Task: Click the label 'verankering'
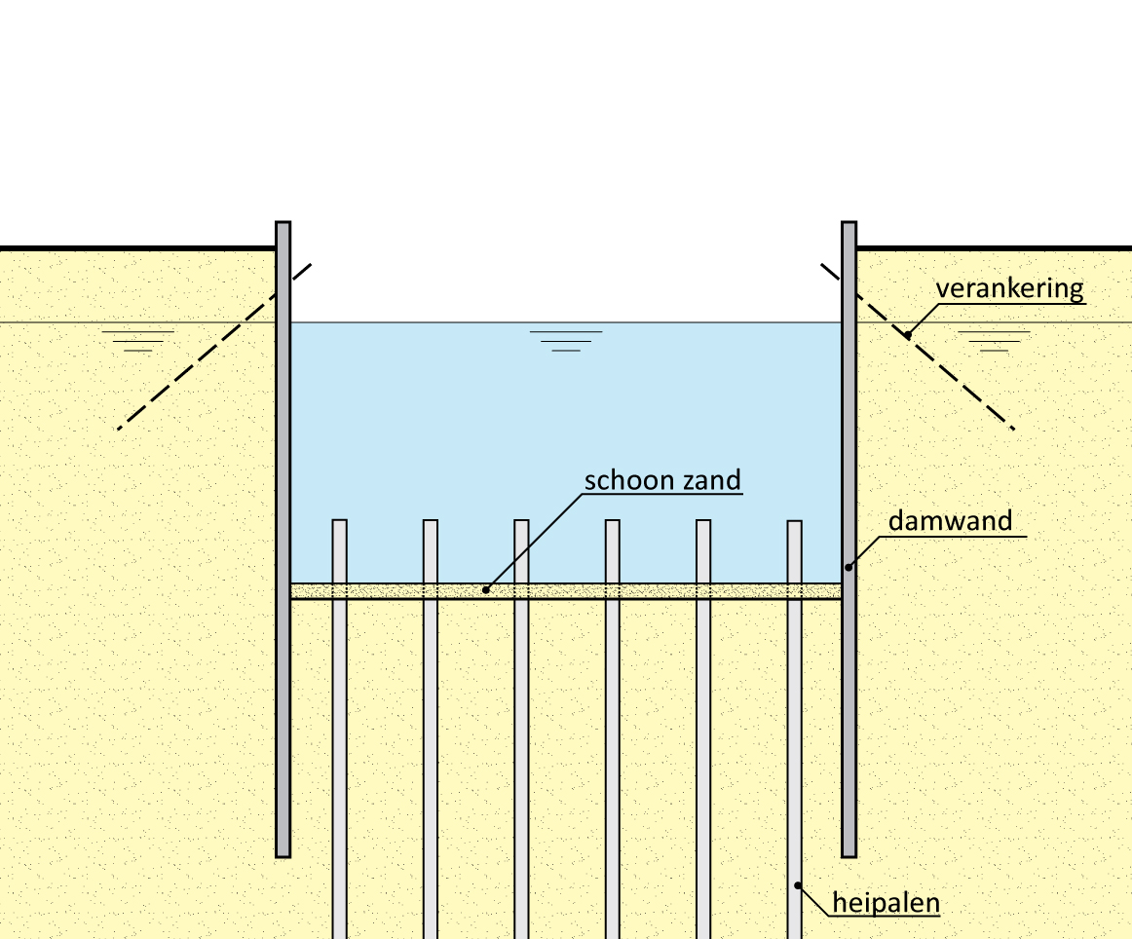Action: pos(1009,289)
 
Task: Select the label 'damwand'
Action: pos(950,521)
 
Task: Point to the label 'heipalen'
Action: pos(886,903)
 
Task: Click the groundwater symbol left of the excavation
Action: pos(137,340)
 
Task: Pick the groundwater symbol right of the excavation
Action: pos(994,340)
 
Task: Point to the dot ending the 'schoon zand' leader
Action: pos(485,589)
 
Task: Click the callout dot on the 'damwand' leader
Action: pos(849,567)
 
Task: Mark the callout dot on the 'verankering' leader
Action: pos(907,335)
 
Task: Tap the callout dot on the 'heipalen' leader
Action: pos(798,885)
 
